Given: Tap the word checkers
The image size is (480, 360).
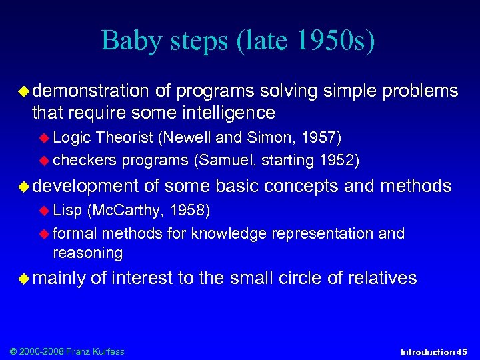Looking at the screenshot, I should [84, 160].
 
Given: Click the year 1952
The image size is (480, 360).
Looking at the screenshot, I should [337, 160].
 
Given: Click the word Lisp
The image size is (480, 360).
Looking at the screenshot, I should [67, 211].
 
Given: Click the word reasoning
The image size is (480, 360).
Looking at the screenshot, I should [88, 253].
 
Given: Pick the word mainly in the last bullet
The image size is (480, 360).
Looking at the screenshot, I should [59, 278].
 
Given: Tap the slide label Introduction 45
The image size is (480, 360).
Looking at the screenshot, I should [434, 351].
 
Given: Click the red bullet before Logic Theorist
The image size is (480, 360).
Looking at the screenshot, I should [46, 138].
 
